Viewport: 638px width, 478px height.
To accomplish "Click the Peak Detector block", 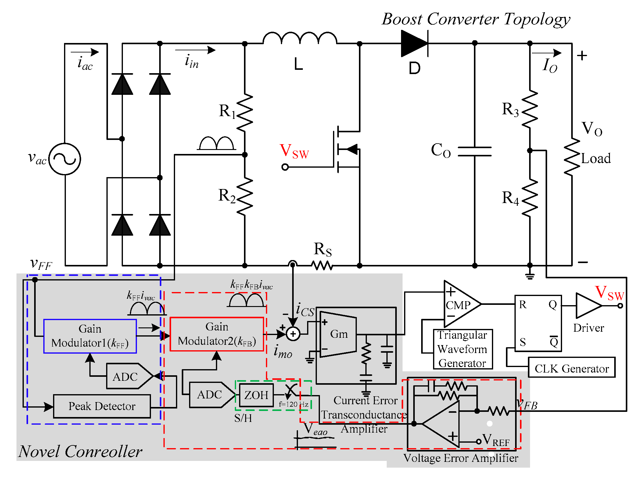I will click(102, 406).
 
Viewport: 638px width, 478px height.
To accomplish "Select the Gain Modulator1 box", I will click(90, 336).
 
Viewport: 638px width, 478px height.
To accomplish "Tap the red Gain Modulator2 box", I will click(217, 334).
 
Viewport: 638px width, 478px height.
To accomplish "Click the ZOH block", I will click(256, 395).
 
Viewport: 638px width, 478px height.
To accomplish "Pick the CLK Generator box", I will click(572, 368).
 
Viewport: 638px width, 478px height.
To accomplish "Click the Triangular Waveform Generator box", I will click(462, 349).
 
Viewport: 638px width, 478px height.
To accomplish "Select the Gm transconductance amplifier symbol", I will click(338, 334).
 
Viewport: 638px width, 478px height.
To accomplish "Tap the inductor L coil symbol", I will click(300, 38).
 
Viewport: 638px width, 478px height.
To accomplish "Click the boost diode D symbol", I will click(414, 43).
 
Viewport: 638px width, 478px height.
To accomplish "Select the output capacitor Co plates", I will click(475, 151).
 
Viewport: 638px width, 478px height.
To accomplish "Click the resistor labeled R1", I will click(245, 113).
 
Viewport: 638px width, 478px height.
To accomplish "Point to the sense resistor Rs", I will click(322, 266).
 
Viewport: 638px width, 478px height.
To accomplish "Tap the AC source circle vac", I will click(65, 159).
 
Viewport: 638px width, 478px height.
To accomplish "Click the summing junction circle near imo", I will click(293, 334).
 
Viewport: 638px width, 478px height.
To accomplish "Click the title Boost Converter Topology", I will click(476, 19).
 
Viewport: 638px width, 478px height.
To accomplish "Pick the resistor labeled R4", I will click(530, 198).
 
